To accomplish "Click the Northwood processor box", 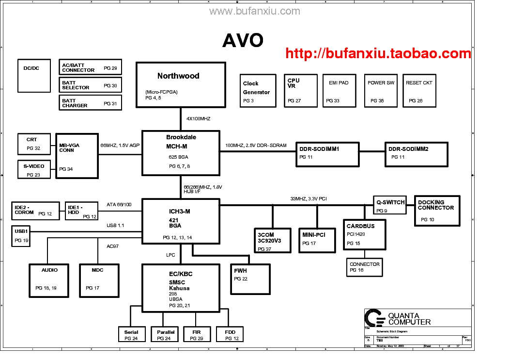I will click(181, 84).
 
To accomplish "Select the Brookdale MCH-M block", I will click(180, 152).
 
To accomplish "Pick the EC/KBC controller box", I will click(180, 288).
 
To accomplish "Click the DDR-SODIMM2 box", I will click(415, 154).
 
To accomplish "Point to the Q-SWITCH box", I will click(389, 205).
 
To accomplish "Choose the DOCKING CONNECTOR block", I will click(437, 211).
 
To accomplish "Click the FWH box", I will click(250, 279).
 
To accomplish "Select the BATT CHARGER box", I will click(91, 102).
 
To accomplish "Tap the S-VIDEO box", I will click(34, 169).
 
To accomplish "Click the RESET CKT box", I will click(419, 91).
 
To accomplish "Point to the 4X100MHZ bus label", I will click(199, 118).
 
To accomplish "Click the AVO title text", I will click(243, 41).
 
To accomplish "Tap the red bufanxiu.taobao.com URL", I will click(378, 53).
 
